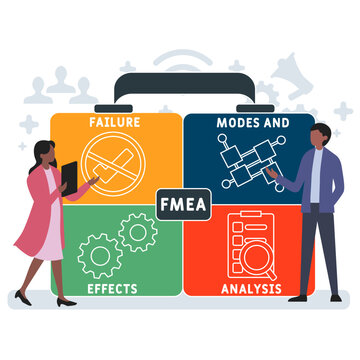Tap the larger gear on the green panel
click(100, 256)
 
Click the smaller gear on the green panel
click(136, 232)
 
